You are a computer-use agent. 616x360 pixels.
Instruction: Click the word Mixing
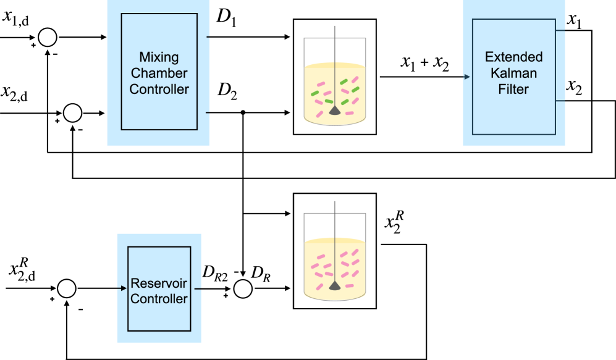[x=159, y=57]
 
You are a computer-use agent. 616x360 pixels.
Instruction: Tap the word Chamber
[x=159, y=73]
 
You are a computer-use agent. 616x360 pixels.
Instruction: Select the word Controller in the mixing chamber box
[x=159, y=89]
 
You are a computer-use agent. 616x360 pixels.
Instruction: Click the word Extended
[x=513, y=57]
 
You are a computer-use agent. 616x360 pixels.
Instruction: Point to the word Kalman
[x=513, y=73]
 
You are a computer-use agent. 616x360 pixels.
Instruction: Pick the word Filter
[x=513, y=89]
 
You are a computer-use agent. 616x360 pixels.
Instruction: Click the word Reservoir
[x=159, y=285]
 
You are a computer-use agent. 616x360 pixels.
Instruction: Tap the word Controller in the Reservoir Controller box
[x=159, y=299]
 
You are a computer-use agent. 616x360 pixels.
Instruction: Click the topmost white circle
[x=48, y=38]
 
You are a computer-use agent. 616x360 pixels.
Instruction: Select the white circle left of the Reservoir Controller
[x=67, y=288]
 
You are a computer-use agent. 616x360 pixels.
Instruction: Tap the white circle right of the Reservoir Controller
[x=243, y=288]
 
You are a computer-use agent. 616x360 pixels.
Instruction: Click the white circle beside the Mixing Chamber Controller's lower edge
[x=73, y=113]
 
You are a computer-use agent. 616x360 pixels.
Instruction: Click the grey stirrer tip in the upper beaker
[x=334, y=110]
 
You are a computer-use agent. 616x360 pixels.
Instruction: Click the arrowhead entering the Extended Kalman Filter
[x=466, y=77]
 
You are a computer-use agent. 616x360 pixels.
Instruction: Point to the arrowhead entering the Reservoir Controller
[x=124, y=288]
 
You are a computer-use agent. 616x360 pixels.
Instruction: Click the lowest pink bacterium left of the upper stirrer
[x=319, y=114]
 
